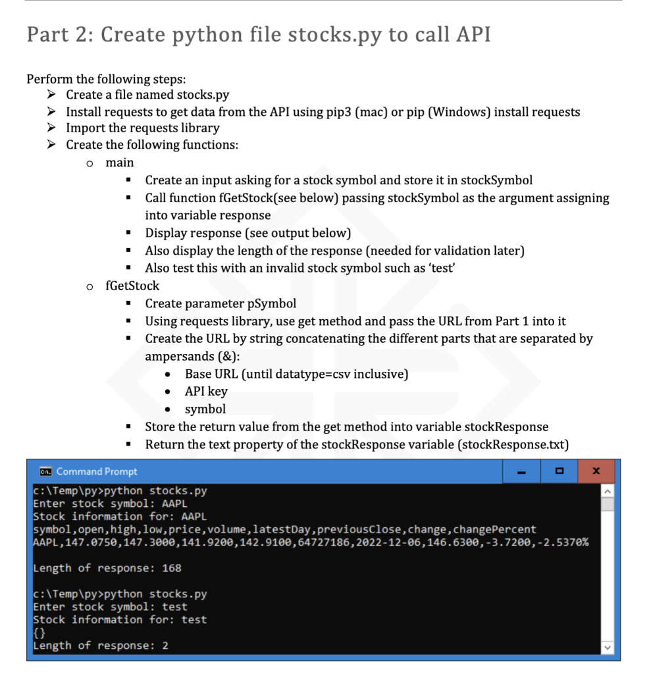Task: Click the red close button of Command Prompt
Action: click(596, 471)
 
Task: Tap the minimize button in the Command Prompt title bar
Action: click(521, 471)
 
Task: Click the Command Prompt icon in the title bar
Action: click(45, 471)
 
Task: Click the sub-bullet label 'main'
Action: click(119, 163)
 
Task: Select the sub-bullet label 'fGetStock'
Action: click(132, 286)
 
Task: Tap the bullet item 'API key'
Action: click(206, 391)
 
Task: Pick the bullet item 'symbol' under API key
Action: click(205, 409)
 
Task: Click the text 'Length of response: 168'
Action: click(107, 568)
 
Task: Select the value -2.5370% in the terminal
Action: click(564, 542)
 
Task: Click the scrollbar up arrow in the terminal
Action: click(608, 492)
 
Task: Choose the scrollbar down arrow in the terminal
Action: click(608, 648)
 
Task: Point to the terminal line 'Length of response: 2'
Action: click(101, 646)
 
